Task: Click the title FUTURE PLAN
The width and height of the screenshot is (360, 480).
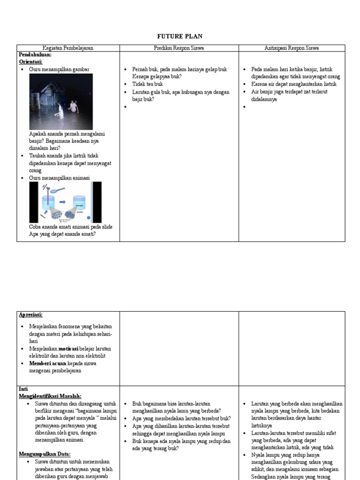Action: point(180,37)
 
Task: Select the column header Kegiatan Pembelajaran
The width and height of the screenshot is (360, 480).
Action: point(68,48)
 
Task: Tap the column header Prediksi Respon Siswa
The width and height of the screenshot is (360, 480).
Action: point(179,48)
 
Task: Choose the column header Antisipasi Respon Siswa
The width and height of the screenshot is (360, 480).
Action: point(292,48)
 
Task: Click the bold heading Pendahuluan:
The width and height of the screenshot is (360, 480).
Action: point(35,54)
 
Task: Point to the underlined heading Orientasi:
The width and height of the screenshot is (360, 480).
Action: point(31,61)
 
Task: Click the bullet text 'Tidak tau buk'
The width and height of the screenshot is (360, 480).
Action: point(147,84)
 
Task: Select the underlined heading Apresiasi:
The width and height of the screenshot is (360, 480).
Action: point(34,315)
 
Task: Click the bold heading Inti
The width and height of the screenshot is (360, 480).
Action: point(23,389)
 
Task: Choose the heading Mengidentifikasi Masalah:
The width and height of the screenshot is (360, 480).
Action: point(50,396)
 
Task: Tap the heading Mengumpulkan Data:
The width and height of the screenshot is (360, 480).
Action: point(45,454)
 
